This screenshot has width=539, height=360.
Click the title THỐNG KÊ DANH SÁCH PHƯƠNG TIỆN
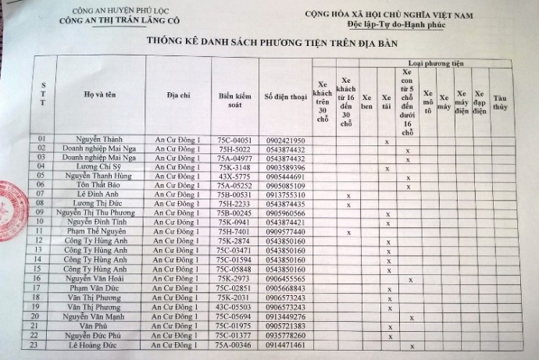pyautogui.click(x=270, y=44)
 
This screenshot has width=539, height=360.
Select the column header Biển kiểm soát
pyautogui.click(x=234, y=97)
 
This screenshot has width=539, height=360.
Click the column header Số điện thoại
pyautogui.click(x=284, y=96)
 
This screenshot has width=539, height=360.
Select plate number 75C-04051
pyautogui.click(x=234, y=141)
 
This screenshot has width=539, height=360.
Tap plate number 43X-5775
pyautogui.click(x=234, y=176)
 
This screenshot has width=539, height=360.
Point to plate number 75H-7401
pyautogui.click(x=234, y=231)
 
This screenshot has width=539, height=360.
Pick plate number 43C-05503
pyautogui.click(x=234, y=306)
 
